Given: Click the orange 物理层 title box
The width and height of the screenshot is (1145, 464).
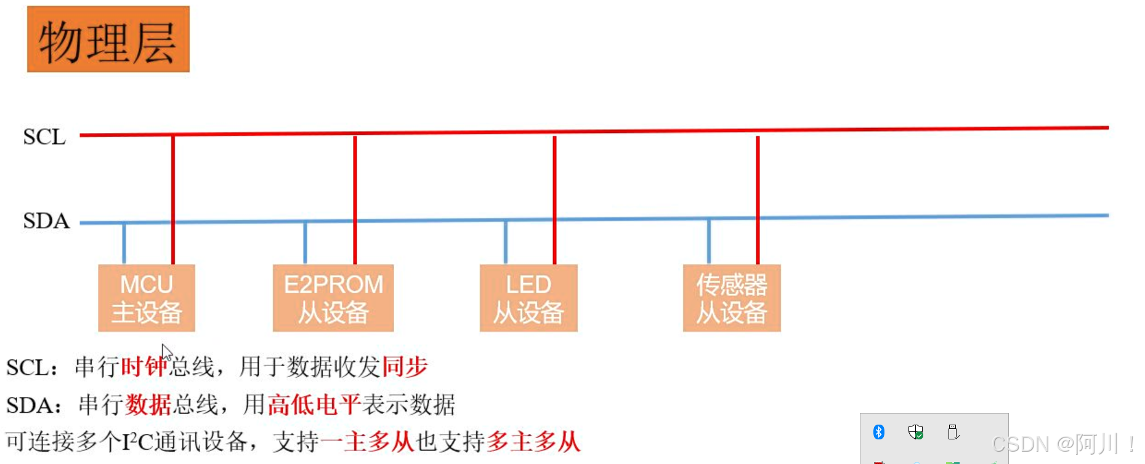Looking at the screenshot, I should (x=108, y=39).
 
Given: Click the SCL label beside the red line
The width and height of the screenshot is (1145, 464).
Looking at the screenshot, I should (x=44, y=137).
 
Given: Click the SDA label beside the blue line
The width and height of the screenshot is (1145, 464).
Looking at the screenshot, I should (x=46, y=221).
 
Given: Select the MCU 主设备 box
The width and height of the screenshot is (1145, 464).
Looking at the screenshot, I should (x=147, y=298).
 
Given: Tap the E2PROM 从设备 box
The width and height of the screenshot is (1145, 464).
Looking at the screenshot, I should (x=333, y=298).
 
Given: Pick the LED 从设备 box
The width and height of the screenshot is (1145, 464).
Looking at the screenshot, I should (x=528, y=298).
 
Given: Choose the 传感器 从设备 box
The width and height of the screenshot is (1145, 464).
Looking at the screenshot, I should (x=732, y=298).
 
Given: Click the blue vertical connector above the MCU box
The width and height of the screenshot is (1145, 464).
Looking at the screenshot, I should (x=124, y=244).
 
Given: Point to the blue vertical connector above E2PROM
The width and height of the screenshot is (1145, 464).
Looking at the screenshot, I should (x=305, y=244).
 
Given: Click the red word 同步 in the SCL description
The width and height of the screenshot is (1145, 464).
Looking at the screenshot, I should (x=405, y=367).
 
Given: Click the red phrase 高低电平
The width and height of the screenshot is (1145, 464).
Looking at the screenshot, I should (x=314, y=405).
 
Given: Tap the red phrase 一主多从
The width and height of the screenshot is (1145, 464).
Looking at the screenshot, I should (x=368, y=442).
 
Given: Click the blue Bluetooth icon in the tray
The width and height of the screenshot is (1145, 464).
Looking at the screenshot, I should (x=879, y=432).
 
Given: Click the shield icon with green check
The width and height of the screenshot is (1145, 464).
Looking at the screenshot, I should (x=916, y=432).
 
